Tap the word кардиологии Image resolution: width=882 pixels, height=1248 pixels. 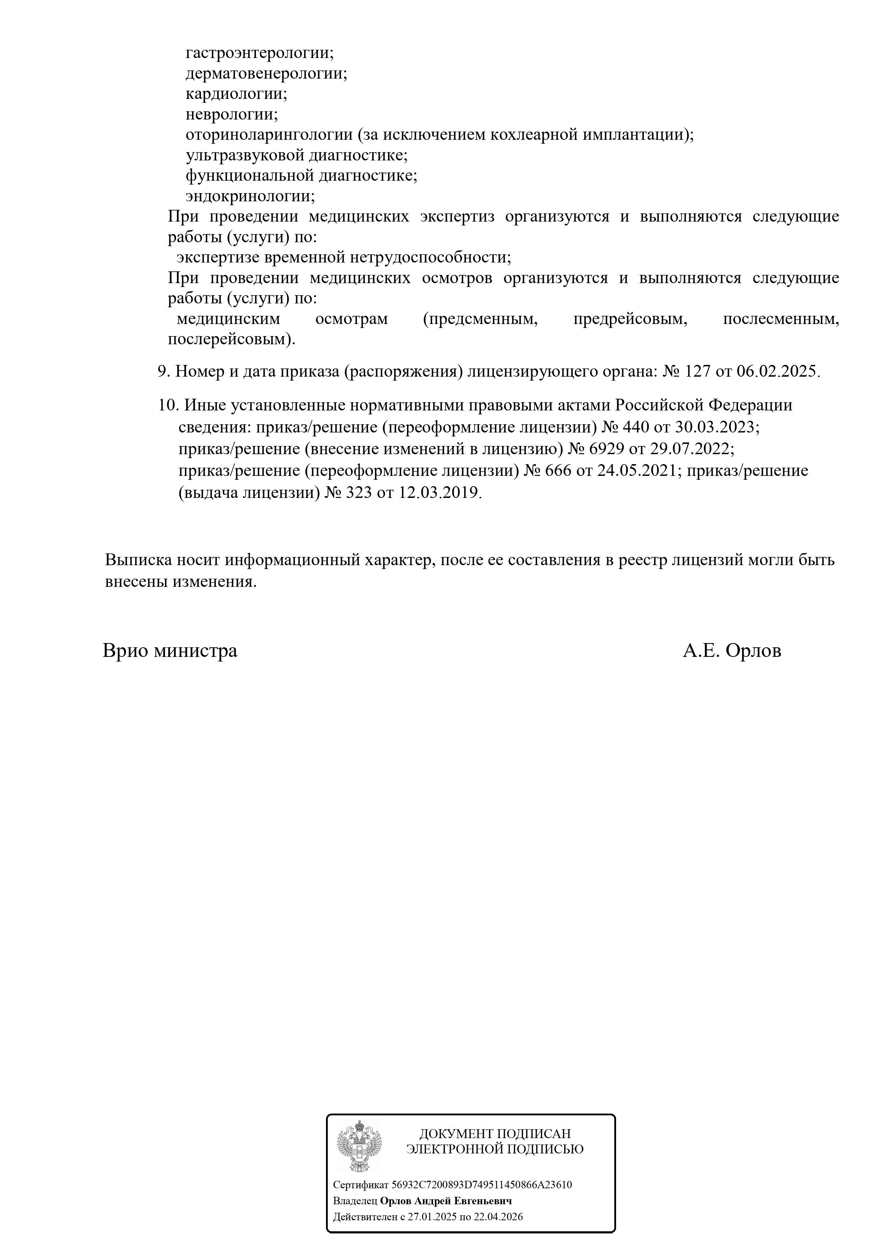(236, 94)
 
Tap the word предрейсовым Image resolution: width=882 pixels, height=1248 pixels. (630, 319)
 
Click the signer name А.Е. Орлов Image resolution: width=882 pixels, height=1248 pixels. (732, 650)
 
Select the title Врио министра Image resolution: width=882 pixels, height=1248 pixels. (170, 650)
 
